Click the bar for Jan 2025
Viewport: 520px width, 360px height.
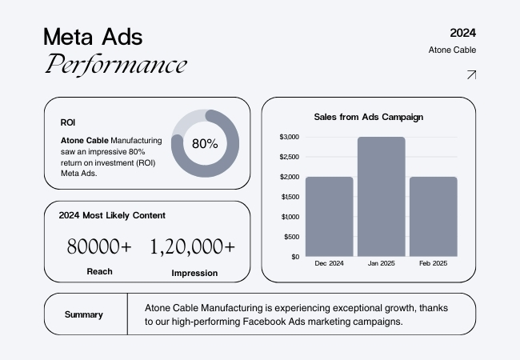[x=381, y=197]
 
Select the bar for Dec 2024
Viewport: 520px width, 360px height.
[x=329, y=217]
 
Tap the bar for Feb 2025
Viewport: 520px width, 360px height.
[x=433, y=217]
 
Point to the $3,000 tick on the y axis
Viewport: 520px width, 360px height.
[x=289, y=137]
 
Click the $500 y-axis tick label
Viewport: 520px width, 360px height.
[x=290, y=237]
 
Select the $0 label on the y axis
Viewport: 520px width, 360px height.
[x=294, y=257]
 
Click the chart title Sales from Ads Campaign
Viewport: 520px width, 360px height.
[x=368, y=117]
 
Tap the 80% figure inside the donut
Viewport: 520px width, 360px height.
[x=205, y=144]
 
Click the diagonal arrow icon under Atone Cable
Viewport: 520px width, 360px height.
[x=471, y=75]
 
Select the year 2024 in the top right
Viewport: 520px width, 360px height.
[x=463, y=33]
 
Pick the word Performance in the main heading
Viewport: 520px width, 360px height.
[x=116, y=64]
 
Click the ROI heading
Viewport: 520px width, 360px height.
[x=68, y=123]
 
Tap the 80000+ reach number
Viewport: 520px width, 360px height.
[x=99, y=246]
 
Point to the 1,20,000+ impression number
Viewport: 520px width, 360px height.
[x=193, y=246]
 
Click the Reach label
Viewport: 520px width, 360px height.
[x=99, y=271]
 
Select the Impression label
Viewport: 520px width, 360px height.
[x=194, y=273]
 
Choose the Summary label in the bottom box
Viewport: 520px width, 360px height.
[x=84, y=314]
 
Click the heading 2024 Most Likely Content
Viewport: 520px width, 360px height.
[x=112, y=215]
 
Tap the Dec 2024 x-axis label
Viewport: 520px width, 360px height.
[x=329, y=263]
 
